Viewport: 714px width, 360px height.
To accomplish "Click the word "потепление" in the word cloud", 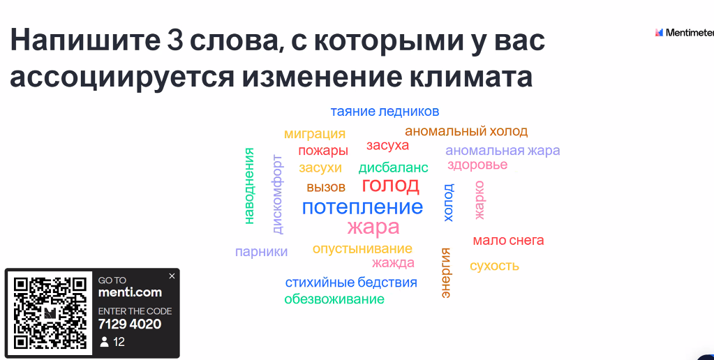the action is (x=362, y=207).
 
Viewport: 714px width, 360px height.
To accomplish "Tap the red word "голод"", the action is (x=390, y=185).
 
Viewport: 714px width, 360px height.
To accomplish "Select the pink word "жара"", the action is (x=373, y=227).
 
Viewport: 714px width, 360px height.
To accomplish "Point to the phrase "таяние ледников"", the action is (x=385, y=112).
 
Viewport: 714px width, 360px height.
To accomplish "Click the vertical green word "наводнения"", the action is (x=248, y=186).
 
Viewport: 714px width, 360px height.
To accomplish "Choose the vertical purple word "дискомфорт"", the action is (x=277, y=195).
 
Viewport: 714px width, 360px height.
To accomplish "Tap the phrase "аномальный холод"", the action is (x=466, y=131).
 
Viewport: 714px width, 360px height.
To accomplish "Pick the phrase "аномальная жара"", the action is (x=503, y=150).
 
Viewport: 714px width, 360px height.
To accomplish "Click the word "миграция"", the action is (x=315, y=134).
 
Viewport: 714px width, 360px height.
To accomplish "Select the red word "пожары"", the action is (x=323, y=151).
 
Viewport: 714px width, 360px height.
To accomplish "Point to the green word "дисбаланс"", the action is (x=394, y=167).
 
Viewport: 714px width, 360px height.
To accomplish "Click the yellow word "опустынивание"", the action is (x=362, y=249).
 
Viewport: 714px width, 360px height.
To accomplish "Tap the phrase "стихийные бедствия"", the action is (x=351, y=282).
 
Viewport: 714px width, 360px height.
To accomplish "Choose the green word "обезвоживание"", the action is (x=334, y=299).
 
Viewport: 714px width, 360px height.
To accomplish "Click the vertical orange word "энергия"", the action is (x=445, y=273).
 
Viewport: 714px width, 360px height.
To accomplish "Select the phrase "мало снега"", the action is (x=508, y=240).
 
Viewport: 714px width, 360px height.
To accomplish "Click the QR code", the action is (x=50, y=313).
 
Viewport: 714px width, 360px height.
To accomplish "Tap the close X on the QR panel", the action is (x=172, y=276).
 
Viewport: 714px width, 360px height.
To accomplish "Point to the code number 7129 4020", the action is (x=130, y=324).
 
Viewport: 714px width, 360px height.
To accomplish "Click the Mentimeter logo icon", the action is (x=659, y=32).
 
